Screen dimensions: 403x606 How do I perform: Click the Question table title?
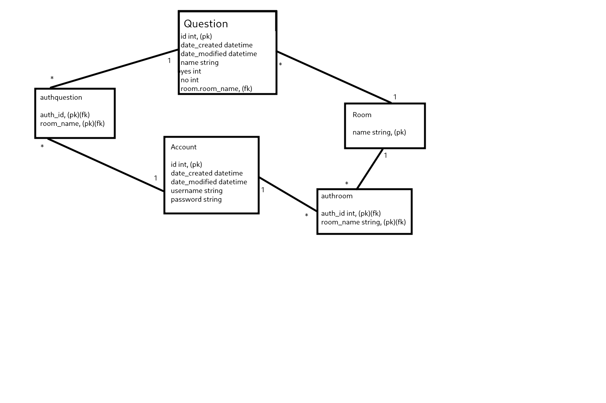206,24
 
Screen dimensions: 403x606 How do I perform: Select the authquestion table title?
61,97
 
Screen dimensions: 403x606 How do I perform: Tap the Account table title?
184,147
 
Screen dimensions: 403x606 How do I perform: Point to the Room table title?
362,115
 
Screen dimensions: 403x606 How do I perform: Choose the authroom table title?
337,196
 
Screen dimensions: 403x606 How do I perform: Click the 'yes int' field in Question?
191,71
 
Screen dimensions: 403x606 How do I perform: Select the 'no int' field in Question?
190,80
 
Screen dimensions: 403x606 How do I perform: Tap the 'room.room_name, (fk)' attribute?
216,89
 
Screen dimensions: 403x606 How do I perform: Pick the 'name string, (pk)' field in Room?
379,132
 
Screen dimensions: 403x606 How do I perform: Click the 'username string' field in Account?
197,191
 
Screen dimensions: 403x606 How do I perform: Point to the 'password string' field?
196,199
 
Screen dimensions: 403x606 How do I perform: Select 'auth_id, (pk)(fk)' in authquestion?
65,115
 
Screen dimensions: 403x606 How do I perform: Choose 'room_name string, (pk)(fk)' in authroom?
363,222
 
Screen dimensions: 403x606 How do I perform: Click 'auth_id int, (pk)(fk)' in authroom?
351,213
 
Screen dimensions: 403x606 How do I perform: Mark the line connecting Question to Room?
333,77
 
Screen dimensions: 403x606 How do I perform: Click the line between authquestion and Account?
106,165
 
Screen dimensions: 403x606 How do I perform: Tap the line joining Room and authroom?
370,169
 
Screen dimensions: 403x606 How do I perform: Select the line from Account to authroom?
288,194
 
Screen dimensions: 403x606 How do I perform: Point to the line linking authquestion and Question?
114,69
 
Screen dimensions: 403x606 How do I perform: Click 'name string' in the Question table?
200,63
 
